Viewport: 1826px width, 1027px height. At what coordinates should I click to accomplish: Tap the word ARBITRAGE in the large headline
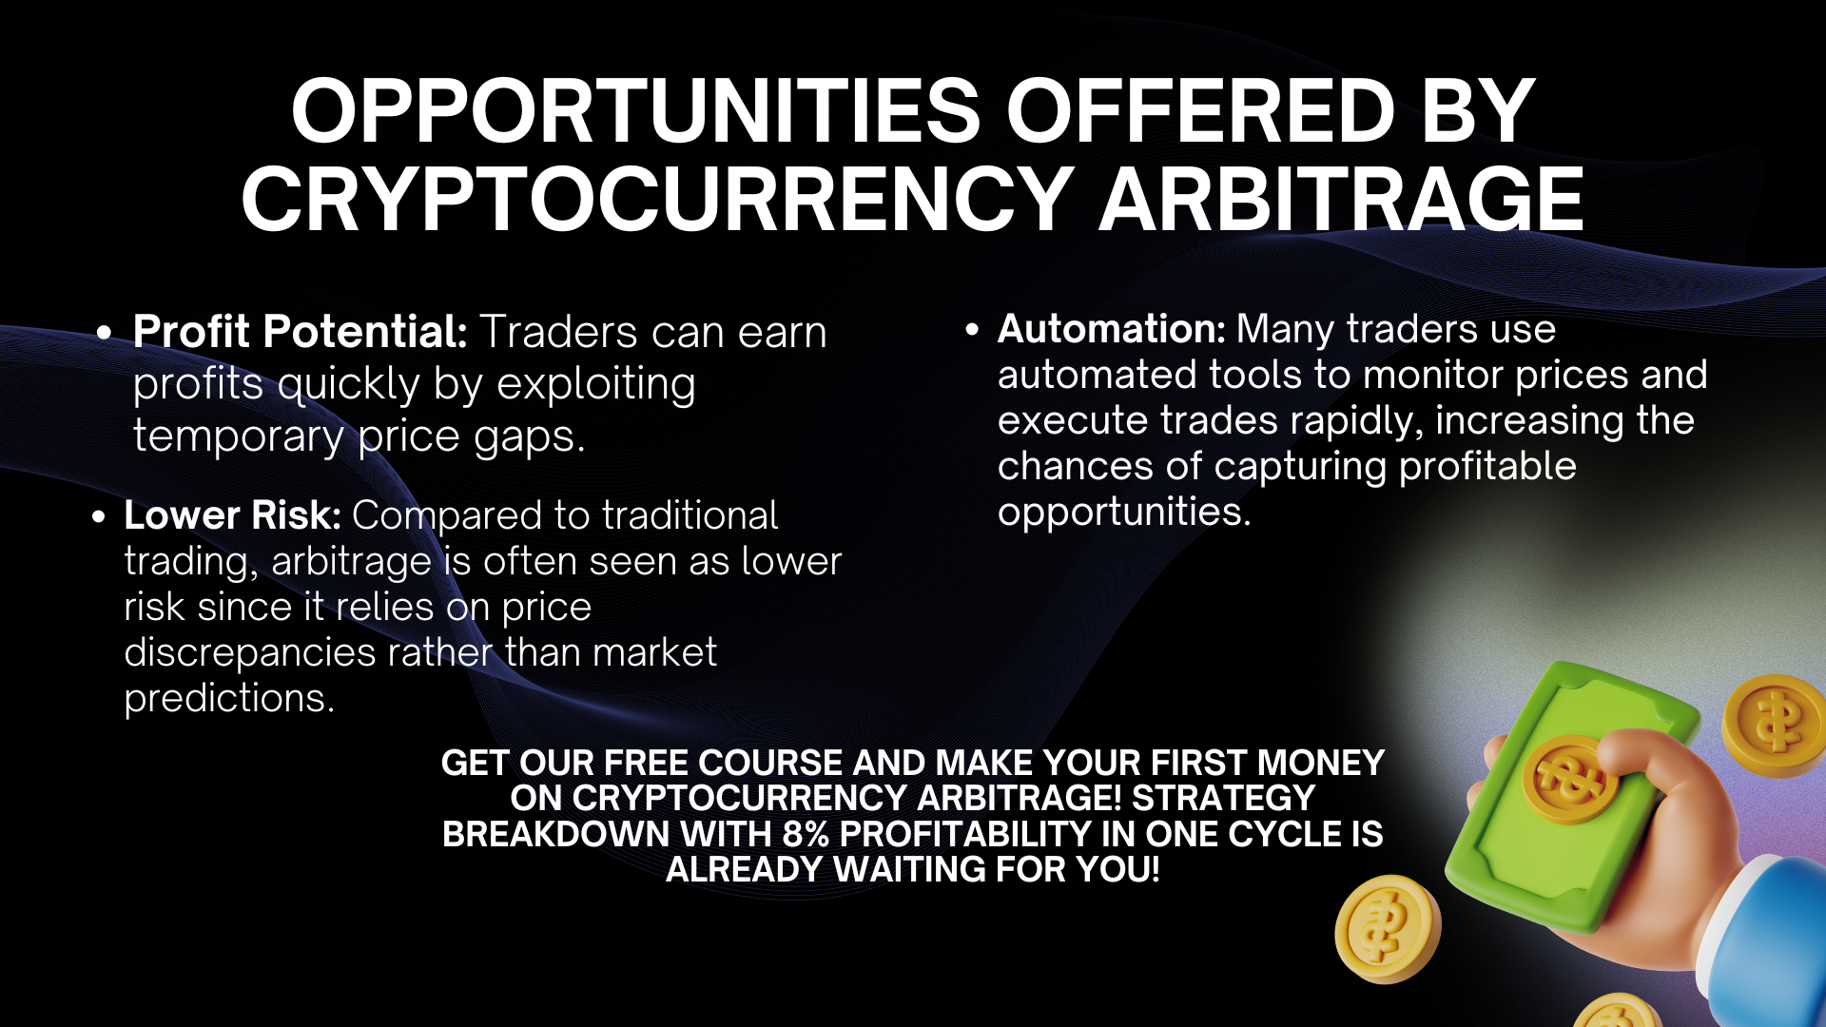click(x=1341, y=199)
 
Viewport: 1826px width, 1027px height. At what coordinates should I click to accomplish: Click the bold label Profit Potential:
click(x=301, y=332)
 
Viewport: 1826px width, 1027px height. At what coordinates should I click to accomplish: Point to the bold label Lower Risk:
click(x=233, y=515)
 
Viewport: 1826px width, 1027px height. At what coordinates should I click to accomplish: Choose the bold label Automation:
click(x=1112, y=329)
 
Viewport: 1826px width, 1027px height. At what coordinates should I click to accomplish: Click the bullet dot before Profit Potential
click(x=105, y=333)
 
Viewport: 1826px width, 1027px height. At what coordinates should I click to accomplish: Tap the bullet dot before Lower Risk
click(x=99, y=517)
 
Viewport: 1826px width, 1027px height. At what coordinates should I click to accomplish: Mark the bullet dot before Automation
click(x=971, y=330)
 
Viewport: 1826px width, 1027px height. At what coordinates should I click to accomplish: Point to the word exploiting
click(x=596, y=385)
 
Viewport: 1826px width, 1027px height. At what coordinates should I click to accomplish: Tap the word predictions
click(x=229, y=699)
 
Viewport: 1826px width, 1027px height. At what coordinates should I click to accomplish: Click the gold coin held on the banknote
click(x=1569, y=779)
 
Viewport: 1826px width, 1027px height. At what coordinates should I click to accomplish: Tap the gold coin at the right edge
click(x=1775, y=725)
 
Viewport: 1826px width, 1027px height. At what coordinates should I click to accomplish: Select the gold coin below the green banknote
click(x=1388, y=929)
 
